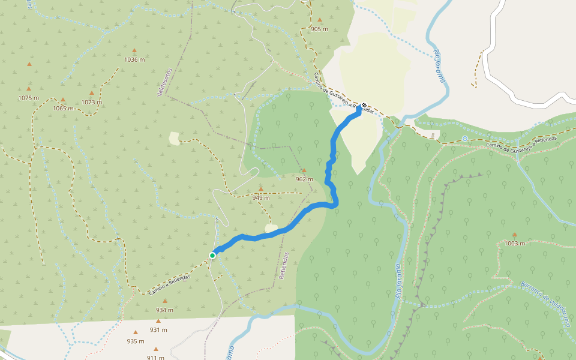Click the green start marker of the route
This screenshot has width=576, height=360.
point(212,256)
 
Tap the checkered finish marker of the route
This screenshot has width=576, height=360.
point(364,105)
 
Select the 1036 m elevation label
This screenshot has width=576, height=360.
point(134,59)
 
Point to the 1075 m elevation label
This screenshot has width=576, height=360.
point(28,98)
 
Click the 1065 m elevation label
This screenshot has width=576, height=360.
point(62,109)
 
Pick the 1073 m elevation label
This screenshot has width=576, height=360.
point(92,102)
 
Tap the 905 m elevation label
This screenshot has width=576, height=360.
point(319,29)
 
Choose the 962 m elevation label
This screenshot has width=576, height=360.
point(304,179)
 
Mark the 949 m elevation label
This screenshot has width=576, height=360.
point(261,197)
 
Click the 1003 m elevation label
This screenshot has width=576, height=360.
point(514,244)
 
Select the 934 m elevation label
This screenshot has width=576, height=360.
point(164,310)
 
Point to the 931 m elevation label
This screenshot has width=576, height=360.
point(158,329)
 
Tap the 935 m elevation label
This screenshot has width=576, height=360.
point(136,341)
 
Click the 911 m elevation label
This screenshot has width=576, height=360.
point(155,358)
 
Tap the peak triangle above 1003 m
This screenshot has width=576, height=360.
point(514,235)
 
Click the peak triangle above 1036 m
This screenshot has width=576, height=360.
point(134,50)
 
